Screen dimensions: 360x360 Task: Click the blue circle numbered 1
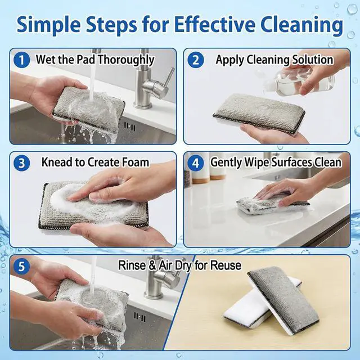(x=21, y=60)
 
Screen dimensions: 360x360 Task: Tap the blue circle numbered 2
(x=196, y=60)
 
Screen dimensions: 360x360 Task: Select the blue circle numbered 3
(x=21, y=163)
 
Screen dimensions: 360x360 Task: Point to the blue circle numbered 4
(x=196, y=163)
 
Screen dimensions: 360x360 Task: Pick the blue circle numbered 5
(x=21, y=267)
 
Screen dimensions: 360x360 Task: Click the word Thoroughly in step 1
(x=127, y=60)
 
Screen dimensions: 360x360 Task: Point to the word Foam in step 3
(x=135, y=162)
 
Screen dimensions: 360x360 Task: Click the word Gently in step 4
(x=226, y=163)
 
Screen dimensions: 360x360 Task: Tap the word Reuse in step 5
(x=226, y=265)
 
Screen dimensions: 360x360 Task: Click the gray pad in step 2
(x=259, y=110)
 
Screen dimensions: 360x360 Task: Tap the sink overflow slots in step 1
(x=130, y=127)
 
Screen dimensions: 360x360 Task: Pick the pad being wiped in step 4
(x=271, y=205)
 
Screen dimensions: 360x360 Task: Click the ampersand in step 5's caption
(x=152, y=265)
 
